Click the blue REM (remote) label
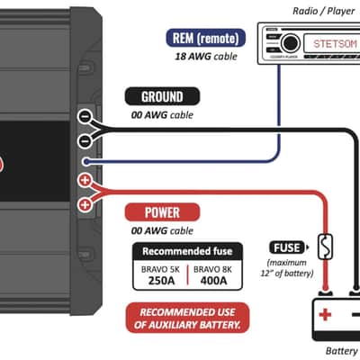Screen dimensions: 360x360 [206, 38]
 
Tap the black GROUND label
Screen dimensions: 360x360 [162, 96]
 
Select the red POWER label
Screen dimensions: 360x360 [162, 212]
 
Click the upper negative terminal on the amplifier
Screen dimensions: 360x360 [85, 116]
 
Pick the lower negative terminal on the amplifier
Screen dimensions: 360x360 [85, 140]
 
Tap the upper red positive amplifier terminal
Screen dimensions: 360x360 [85, 180]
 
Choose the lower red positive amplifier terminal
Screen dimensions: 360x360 [85, 205]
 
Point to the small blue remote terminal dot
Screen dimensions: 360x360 [86, 162]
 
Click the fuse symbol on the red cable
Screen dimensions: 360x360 [325, 247]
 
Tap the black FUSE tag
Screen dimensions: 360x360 [288, 247]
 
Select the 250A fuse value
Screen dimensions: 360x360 [161, 281]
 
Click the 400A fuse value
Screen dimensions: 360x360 [213, 281]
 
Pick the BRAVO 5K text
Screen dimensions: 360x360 [160, 269]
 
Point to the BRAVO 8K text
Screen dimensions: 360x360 [212, 269]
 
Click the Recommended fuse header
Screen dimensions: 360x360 [187, 251]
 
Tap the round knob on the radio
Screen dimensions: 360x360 [290, 43]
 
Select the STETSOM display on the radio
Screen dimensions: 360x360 [332, 43]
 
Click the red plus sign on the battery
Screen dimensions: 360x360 [325, 315]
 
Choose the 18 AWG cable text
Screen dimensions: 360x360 [206, 56]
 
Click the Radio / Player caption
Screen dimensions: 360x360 [324, 11]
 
